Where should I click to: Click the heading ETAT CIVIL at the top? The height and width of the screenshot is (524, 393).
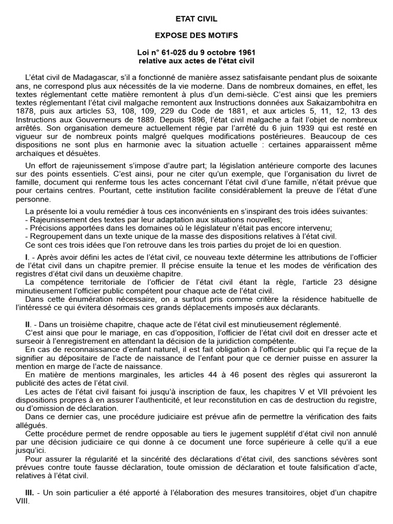[x=196, y=19]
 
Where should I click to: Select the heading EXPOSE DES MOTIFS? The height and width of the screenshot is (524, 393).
[x=196, y=36]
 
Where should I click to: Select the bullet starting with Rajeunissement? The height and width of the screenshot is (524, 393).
[x=55, y=220]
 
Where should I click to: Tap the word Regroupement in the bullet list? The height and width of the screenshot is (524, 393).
[x=54, y=236]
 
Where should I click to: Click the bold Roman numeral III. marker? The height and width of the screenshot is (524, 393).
[x=30, y=493]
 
